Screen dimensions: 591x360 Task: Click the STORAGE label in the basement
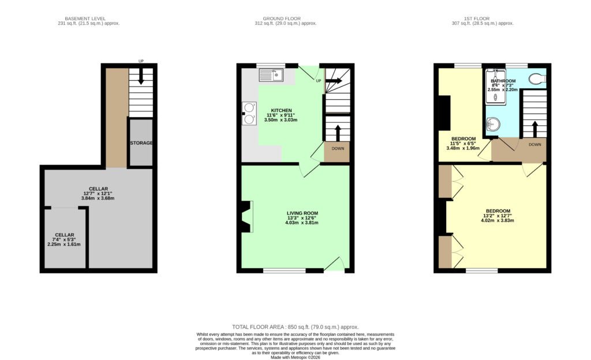click(x=141, y=143)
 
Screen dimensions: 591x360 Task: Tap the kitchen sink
click(x=271, y=76)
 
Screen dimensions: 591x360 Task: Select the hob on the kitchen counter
click(x=249, y=113)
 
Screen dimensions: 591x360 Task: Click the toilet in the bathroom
click(x=537, y=78)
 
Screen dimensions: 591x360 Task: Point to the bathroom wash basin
click(x=493, y=123)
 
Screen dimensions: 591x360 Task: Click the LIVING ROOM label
click(x=302, y=213)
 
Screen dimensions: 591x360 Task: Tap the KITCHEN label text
click(x=281, y=110)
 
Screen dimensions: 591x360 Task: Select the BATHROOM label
click(x=503, y=81)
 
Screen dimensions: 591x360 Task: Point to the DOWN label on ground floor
click(x=338, y=148)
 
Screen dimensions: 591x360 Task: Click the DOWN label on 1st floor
click(x=535, y=145)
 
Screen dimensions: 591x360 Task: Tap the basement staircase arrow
click(x=141, y=77)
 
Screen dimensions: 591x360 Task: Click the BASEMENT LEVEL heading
click(x=85, y=18)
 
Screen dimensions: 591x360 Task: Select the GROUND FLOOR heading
click(x=282, y=18)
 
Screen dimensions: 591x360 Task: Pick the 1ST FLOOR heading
click(x=477, y=18)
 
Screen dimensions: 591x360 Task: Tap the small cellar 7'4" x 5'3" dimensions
click(x=64, y=239)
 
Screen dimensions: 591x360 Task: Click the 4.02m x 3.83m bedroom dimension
click(x=498, y=220)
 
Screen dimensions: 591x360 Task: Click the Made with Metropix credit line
click(x=295, y=357)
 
